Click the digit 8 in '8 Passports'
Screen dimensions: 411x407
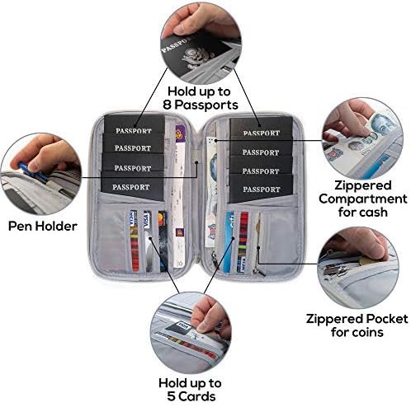(x=168, y=105)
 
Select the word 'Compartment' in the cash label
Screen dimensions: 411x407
(x=363, y=199)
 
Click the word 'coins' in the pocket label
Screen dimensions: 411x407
(x=370, y=332)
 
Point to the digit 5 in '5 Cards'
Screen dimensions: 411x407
(x=171, y=396)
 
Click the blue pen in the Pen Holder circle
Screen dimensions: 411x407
(x=32, y=172)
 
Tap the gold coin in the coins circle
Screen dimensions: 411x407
(x=367, y=260)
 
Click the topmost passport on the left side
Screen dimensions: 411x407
(x=134, y=124)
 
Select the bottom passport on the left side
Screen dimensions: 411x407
(x=132, y=187)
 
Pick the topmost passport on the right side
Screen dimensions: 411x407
(x=261, y=128)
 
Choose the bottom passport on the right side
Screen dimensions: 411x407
(x=261, y=189)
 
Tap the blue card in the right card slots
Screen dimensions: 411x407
(x=229, y=242)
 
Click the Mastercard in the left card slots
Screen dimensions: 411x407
(x=163, y=241)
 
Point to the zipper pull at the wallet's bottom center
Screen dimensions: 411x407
(x=214, y=259)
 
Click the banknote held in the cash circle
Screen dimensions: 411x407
(x=363, y=143)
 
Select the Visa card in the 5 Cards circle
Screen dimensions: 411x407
(x=179, y=328)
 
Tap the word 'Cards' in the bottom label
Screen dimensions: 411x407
(x=196, y=396)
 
